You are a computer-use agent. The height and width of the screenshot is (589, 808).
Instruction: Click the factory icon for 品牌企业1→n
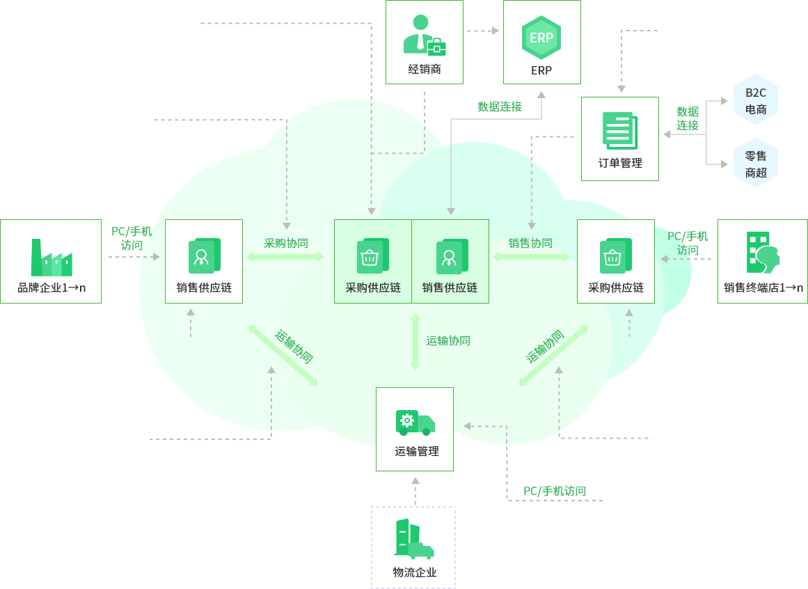(x=52, y=258)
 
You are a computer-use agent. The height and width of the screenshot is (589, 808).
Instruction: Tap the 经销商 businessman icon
(x=424, y=36)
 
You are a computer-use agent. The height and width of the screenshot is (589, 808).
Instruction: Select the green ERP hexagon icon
(x=541, y=38)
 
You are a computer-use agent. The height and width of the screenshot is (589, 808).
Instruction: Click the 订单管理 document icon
(x=619, y=131)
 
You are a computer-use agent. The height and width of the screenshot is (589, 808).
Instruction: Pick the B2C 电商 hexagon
(x=756, y=100)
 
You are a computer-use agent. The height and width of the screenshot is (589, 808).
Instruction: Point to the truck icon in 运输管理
(x=415, y=423)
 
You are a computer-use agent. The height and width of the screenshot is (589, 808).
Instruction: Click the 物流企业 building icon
(x=413, y=540)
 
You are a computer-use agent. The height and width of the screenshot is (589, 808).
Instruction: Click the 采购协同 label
(x=285, y=244)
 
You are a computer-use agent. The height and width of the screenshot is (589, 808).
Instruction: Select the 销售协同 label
(x=530, y=244)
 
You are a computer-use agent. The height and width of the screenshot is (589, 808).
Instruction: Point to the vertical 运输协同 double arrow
(x=415, y=342)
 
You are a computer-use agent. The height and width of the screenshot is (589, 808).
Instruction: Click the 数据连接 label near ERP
(x=499, y=107)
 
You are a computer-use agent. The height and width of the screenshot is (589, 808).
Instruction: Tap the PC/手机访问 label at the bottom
(x=555, y=492)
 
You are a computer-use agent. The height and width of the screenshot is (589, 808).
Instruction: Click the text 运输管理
(x=417, y=452)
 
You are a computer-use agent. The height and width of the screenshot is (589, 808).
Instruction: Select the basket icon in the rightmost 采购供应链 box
(x=615, y=256)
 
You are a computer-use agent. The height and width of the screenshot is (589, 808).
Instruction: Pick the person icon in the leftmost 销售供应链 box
(x=204, y=256)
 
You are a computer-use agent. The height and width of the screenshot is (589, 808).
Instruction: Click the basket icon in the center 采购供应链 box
(x=372, y=256)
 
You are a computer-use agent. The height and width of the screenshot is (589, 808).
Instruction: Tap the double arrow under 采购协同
(x=285, y=257)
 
